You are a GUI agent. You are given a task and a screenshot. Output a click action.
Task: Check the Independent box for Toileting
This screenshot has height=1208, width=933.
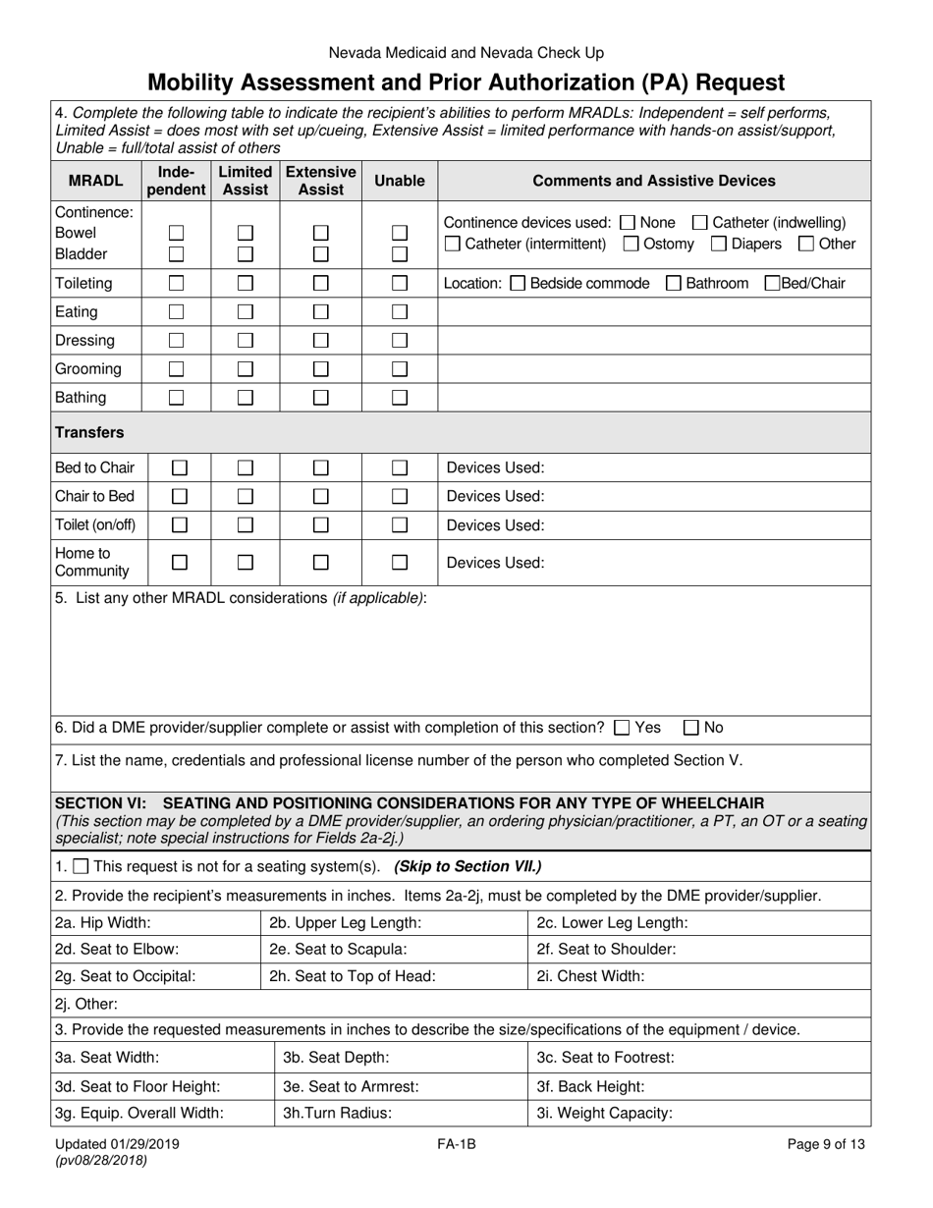coord(177,284)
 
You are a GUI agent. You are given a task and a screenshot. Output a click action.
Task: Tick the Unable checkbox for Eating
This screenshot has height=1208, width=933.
coord(400,312)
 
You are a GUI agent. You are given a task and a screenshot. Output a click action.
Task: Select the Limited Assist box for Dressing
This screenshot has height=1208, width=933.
coord(246,341)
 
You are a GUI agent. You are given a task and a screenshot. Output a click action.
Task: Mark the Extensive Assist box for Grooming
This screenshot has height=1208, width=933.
coord(320,369)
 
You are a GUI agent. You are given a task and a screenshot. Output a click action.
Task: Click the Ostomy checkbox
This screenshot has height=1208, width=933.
coord(631,244)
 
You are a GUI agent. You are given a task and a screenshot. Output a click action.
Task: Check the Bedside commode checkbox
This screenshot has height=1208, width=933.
coord(519,284)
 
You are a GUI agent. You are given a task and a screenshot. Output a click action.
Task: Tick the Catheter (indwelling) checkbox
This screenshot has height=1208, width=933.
coord(700,223)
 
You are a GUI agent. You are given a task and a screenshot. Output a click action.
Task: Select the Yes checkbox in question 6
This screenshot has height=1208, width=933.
coord(621,729)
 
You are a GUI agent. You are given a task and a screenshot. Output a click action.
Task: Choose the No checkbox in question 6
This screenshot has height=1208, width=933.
coord(691,729)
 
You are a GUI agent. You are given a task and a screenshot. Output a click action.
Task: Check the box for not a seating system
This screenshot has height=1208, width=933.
coord(82,867)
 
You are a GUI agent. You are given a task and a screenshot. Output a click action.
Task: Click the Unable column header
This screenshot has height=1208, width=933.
coord(400,181)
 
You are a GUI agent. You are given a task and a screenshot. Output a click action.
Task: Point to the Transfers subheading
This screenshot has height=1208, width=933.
coord(89,432)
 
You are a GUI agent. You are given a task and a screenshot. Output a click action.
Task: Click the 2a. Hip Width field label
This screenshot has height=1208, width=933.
coord(103,923)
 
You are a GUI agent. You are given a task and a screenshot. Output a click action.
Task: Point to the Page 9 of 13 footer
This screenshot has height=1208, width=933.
coord(826,1143)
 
